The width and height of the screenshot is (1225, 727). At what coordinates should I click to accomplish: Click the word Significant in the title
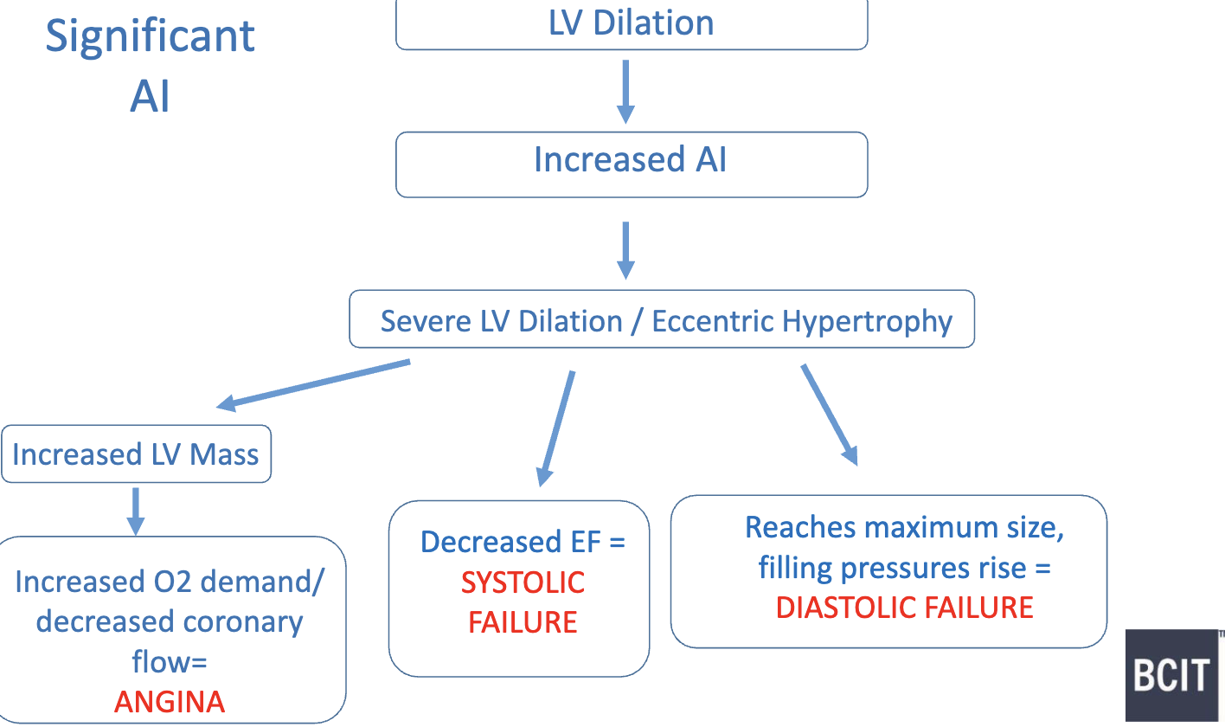[151, 37]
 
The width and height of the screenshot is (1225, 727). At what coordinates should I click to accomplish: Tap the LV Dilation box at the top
[632, 23]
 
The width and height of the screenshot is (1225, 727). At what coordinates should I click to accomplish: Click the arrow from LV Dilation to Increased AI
[625, 91]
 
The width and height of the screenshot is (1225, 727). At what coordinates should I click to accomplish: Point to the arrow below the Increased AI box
[625, 250]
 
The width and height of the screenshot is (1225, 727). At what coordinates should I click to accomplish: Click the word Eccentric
[713, 321]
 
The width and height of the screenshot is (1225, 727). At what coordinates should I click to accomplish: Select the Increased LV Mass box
[136, 454]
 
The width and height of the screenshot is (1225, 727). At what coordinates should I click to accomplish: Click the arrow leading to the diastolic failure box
[830, 415]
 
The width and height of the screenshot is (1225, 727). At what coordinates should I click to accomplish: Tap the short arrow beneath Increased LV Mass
[135, 511]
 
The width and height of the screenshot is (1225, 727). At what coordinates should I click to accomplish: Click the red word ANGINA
[170, 701]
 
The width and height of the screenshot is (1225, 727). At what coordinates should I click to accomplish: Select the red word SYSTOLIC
[523, 582]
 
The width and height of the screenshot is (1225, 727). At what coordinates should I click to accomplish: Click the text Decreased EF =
[523, 543]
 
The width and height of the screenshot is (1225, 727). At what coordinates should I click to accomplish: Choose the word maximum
[927, 527]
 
